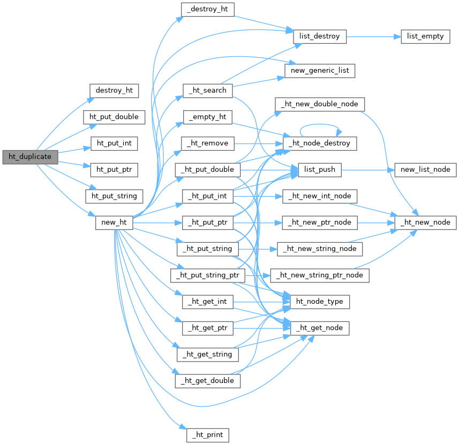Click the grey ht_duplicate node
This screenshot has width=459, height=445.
point(29,157)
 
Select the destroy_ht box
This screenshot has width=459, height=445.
point(114,90)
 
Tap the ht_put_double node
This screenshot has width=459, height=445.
point(114,117)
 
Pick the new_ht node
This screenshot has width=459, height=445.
point(114,223)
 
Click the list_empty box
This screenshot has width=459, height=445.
point(425,36)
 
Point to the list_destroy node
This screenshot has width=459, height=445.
point(320,36)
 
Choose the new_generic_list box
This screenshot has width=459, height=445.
point(319,70)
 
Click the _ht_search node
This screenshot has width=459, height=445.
point(207,90)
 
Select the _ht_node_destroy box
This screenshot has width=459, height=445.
point(320,143)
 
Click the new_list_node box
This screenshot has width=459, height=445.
point(425,170)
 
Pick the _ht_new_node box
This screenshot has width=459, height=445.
point(425,222)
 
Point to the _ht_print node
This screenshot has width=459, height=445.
point(207,434)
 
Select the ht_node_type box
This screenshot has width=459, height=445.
point(320,302)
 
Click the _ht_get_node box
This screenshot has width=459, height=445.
point(320,328)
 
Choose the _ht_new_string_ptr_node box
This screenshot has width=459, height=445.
point(320,275)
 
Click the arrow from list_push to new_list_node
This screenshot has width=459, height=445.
point(367,170)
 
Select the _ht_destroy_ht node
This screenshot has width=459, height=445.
point(207,10)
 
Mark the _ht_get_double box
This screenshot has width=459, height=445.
point(207,380)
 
